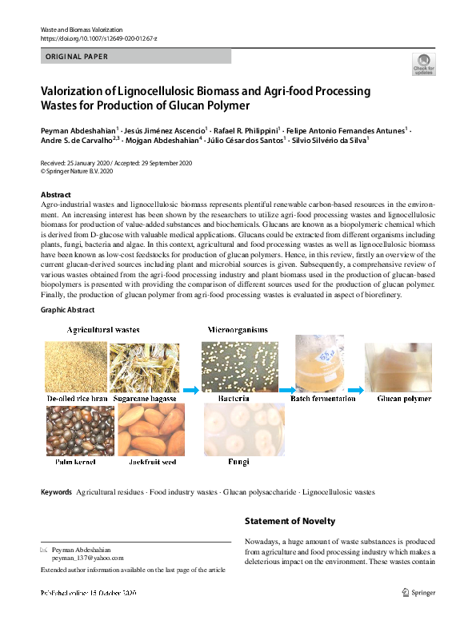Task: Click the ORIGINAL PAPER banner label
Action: click(77, 57)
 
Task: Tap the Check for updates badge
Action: click(423, 65)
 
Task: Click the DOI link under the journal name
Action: click(98, 38)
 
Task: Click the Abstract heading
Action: click(56, 195)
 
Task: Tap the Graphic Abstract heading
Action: click(67, 310)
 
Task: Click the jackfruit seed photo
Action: click(151, 430)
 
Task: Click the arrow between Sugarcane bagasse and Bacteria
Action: click(190, 391)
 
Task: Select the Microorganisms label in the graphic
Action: click(238, 329)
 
